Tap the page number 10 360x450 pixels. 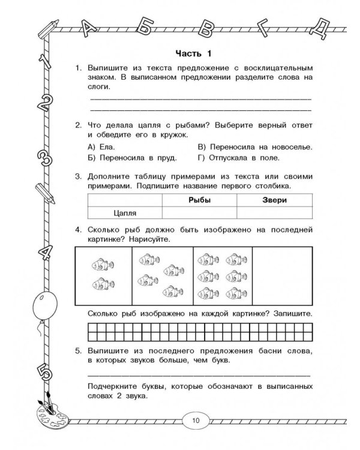click(x=196, y=419)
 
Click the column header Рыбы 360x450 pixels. click(x=199, y=200)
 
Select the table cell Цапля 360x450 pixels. click(x=125, y=213)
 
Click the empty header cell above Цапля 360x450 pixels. click(x=125, y=200)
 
